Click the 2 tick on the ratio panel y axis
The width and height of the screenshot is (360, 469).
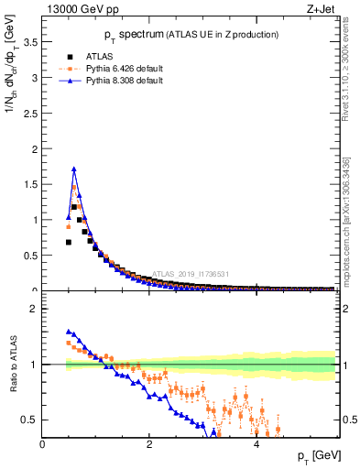pos(35,309)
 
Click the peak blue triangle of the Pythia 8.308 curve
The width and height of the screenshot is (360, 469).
pos(74,169)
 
